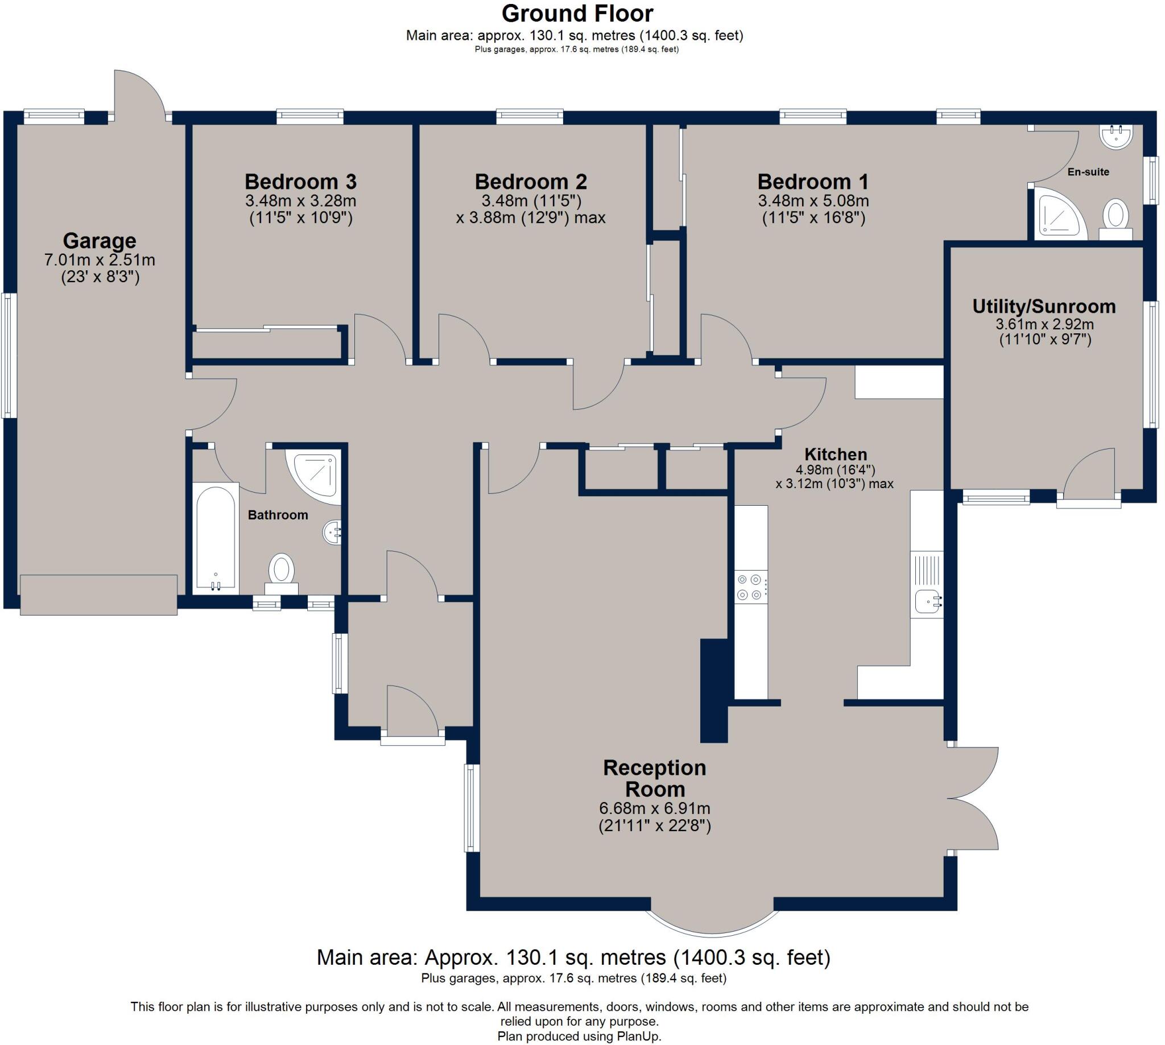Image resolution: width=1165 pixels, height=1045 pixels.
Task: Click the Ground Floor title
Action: coord(577,13)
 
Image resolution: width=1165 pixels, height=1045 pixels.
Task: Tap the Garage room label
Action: coord(100,241)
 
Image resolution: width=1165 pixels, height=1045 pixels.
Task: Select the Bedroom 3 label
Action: coord(300,181)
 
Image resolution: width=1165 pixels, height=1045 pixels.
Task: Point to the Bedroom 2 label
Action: coord(531,181)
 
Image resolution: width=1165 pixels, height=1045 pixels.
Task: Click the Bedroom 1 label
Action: coord(812,181)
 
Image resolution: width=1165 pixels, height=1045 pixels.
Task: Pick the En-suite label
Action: coord(1088,172)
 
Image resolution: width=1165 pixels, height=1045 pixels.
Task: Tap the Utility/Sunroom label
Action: coord(1044,307)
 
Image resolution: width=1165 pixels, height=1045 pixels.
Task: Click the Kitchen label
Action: coord(836,454)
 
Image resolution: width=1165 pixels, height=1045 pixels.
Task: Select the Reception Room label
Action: coord(655,778)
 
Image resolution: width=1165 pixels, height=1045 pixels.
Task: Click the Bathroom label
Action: coord(278,515)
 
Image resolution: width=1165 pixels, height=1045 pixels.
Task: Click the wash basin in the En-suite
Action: coord(1116,137)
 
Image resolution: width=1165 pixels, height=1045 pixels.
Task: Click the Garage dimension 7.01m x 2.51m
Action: coord(100,260)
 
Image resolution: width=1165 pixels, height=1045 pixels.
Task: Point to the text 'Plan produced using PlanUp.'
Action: coord(579,1036)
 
